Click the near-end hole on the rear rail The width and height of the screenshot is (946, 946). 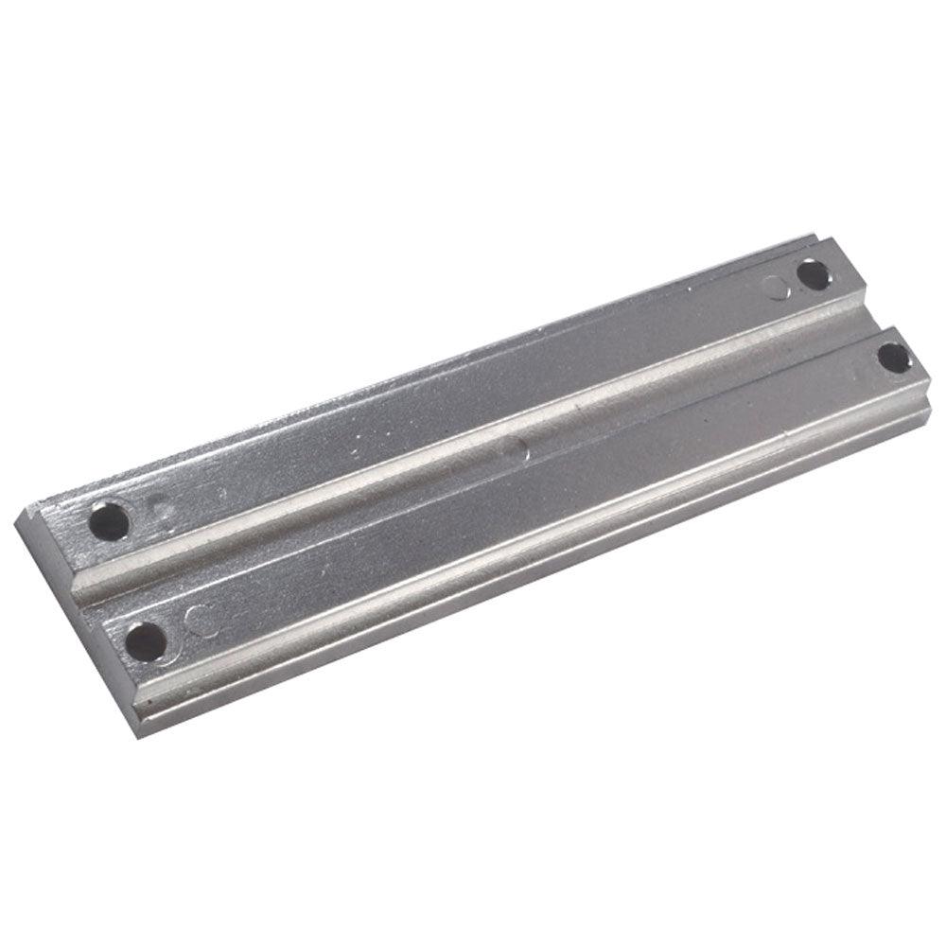coord(111,520)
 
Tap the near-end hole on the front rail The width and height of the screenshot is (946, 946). coord(146,641)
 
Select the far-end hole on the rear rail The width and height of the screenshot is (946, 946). coord(813,274)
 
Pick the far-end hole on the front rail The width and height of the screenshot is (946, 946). coord(892,358)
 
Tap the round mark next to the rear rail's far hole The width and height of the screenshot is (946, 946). coord(778,285)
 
